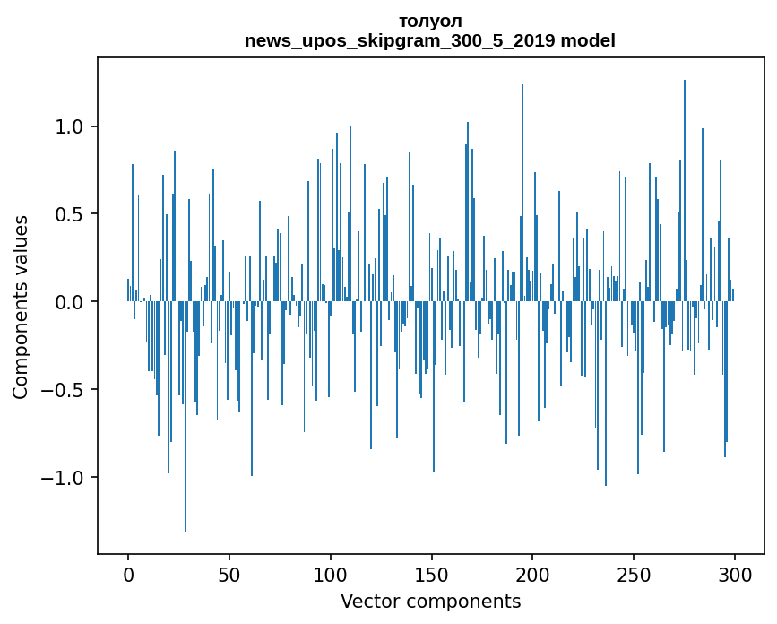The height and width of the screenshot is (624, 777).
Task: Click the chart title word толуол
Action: (430, 22)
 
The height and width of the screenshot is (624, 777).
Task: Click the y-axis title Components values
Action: (21, 307)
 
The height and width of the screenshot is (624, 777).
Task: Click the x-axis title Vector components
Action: (430, 601)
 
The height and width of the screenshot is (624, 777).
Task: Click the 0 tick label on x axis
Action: (128, 574)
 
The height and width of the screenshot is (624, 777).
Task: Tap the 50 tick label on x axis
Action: (229, 574)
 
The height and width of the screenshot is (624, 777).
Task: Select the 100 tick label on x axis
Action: (331, 574)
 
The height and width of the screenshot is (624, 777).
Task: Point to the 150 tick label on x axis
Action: (432, 574)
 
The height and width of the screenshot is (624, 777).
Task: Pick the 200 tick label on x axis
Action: (533, 574)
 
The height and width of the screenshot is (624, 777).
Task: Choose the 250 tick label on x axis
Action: (635, 574)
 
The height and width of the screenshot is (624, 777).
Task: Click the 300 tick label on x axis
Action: (735, 574)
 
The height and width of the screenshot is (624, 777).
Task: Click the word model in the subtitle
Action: (593, 40)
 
